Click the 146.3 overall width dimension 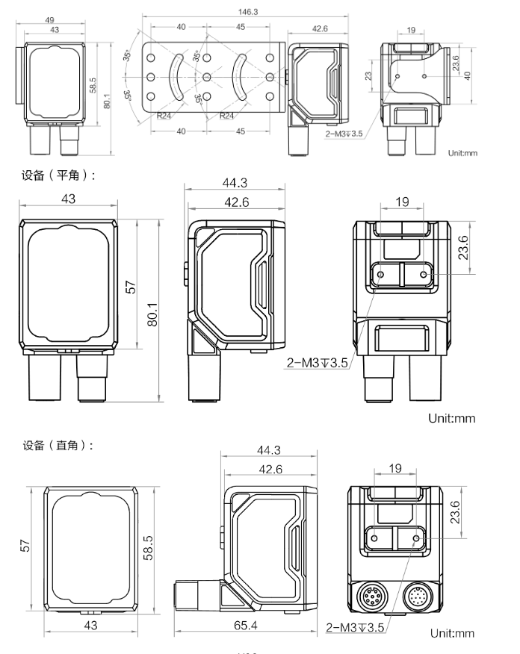248,12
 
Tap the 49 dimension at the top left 49,19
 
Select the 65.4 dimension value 245,625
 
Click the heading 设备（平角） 58,175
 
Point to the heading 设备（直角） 58,446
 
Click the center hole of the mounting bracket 207,77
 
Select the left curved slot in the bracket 176,77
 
